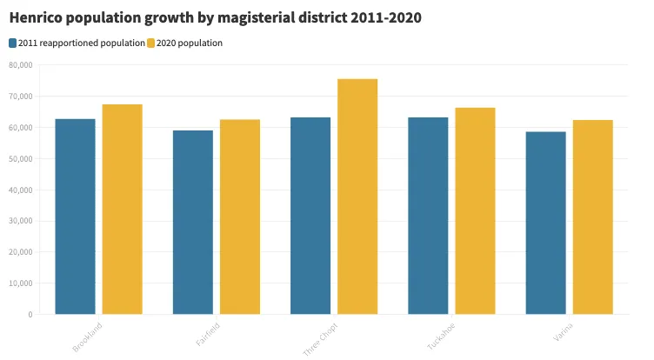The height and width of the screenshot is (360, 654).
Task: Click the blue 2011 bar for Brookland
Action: point(75,217)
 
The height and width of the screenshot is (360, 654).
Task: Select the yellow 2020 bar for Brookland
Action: point(122,210)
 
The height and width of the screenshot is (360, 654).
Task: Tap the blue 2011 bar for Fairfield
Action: point(192,223)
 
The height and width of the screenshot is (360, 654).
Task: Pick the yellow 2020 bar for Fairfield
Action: point(239,217)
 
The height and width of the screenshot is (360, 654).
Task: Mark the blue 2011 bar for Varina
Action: point(545,223)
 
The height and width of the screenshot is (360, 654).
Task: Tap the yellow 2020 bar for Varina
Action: point(592,217)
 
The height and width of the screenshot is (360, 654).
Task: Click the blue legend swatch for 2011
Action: point(12,43)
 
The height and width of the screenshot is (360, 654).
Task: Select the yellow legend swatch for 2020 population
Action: point(150,43)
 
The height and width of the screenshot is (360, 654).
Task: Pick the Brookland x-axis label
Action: point(88,337)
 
